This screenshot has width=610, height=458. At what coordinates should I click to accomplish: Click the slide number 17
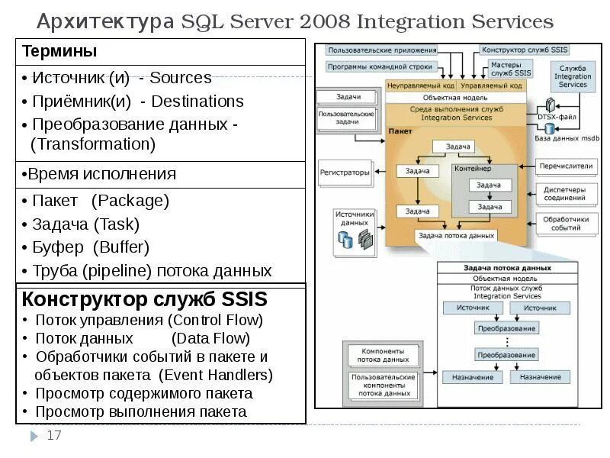click(54, 436)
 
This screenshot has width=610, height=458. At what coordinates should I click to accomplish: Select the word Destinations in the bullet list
click(197, 102)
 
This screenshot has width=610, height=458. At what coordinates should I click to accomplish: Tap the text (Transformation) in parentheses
click(93, 144)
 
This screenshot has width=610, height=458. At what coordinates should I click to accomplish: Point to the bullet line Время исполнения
click(99, 174)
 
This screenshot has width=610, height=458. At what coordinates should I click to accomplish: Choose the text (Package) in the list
click(130, 201)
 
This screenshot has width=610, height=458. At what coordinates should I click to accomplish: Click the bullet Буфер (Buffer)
click(90, 247)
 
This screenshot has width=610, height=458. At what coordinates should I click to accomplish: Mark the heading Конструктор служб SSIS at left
click(144, 297)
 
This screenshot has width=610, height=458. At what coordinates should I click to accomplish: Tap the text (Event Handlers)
click(216, 375)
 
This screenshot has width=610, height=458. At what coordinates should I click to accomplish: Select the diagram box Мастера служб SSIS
click(510, 69)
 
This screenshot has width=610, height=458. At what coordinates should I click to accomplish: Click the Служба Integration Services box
click(573, 76)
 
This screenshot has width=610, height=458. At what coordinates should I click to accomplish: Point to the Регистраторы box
click(345, 173)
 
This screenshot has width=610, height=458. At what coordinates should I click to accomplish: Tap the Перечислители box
click(565, 165)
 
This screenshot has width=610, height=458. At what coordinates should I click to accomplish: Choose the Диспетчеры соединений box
click(565, 194)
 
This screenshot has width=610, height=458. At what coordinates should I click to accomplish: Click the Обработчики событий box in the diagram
click(565, 224)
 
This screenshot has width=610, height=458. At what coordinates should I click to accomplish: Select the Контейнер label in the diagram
click(473, 169)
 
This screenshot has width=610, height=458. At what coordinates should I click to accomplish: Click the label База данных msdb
click(567, 138)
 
